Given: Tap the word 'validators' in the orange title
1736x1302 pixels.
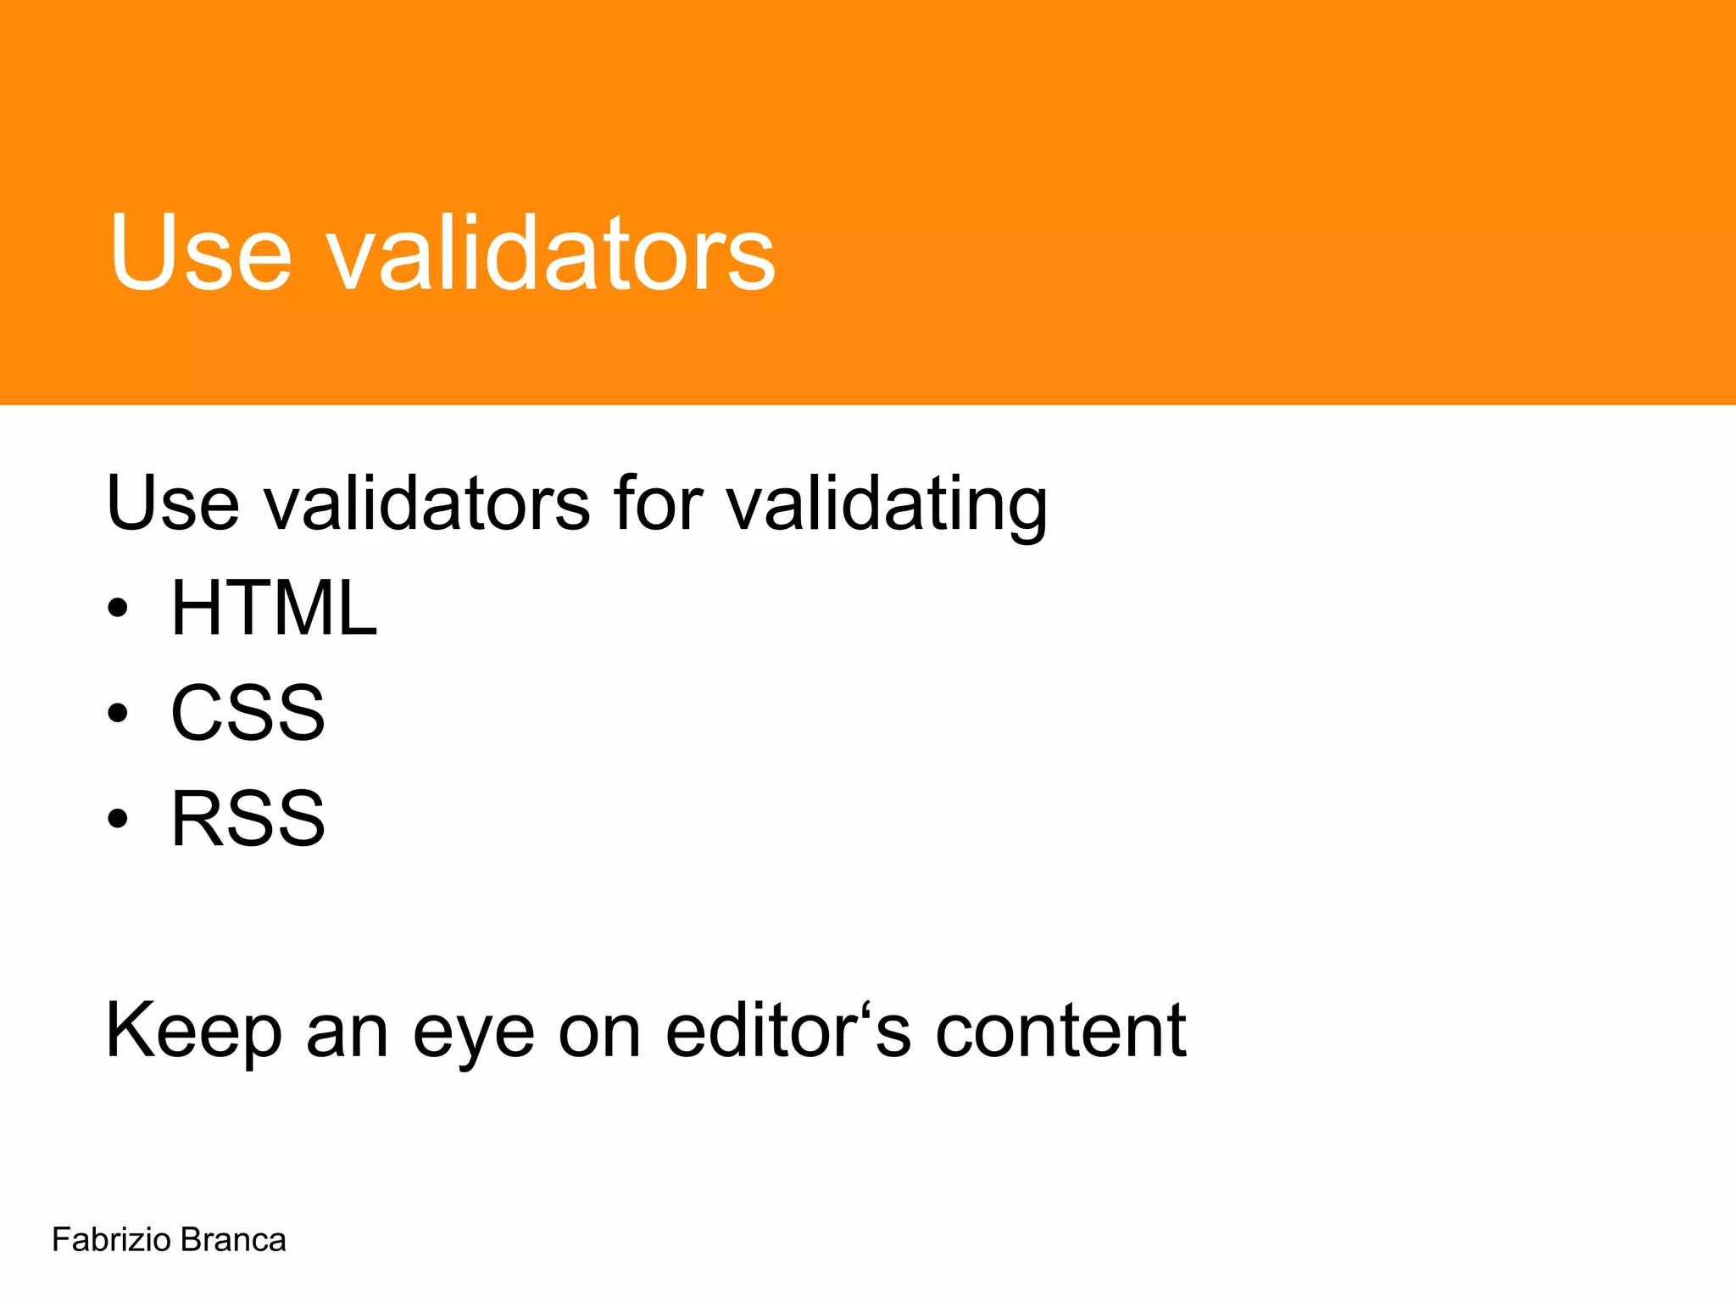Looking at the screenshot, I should pos(551,252).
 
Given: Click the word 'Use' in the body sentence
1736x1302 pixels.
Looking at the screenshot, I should pos(173,503).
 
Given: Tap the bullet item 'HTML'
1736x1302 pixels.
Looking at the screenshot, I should pos(274,608).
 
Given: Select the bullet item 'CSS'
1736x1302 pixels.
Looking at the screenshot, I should pos(248,713).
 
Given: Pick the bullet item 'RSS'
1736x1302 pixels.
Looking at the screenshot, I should pos(248,818).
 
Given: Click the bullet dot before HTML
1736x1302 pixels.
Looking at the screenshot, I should pos(118,609).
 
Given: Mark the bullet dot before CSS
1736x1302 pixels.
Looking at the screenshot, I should pos(118,714).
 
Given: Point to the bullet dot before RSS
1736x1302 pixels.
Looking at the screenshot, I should pos(118,819).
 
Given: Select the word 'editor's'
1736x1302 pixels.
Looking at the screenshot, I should pos(788,1030).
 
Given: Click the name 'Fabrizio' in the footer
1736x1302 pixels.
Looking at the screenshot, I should pos(111,1240).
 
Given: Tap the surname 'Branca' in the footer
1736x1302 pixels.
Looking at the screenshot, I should pos(233,1240).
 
